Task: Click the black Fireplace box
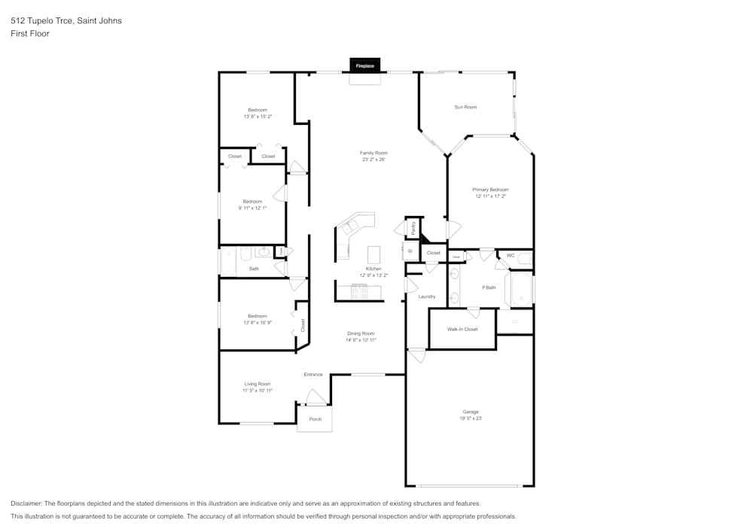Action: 364,66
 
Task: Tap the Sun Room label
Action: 465,107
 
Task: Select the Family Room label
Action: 373,153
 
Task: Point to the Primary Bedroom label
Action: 490,190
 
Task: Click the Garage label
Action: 471,412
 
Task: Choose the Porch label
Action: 316,419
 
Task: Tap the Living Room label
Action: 258,384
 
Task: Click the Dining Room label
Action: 361,333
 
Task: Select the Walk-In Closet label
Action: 462,329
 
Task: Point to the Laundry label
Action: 427,296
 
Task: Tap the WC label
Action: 511,256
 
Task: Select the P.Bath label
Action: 489,287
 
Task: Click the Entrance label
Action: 313,374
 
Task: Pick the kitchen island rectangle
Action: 373,253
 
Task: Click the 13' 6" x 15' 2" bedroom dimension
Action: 258,117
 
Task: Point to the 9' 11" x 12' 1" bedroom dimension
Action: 253,208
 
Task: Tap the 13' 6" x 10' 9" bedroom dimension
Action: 258,323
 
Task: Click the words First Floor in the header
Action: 30,34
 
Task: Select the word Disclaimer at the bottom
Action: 26,503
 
